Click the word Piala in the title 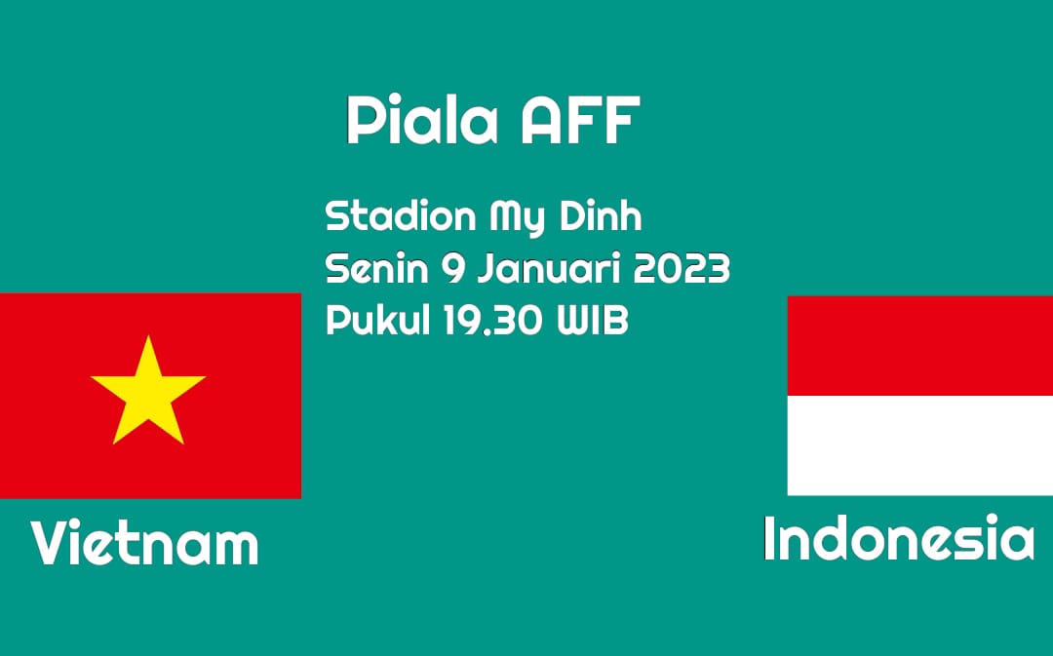click(x=422, y=120)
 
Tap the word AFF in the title click(x=580, y=120)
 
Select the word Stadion click(x=401, y=216)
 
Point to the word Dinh click(x=601, y=216)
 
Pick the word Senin click(x=376, y=269)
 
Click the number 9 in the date click(x=452, y=269)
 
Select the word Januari click(x=549, y=269)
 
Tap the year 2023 click(x=682, y=269)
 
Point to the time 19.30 click(x=492, y=321)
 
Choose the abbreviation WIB click(x=593, y=321)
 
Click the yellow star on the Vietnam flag click(x=148, y=393)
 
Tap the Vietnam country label click(x=144, y=543)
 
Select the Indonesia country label click(x=899, y=538)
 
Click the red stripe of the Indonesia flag click(x=920, y=346)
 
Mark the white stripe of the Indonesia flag click(x=920, y=445)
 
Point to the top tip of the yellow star click(x=148, y=335)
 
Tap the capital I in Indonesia click(x=769, y=538)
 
